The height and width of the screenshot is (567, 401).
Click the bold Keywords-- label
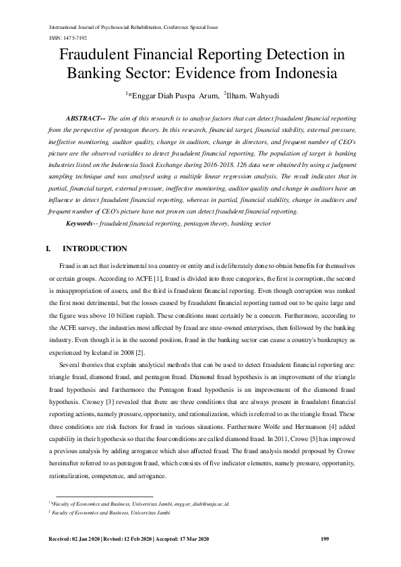(x=82, y=222)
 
